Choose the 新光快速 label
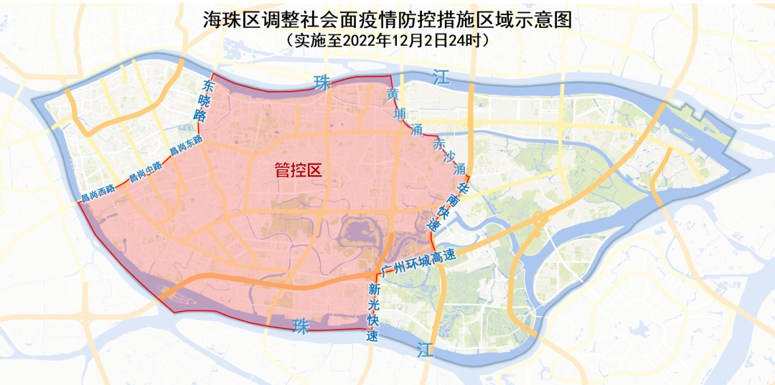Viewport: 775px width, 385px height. coord(373,313)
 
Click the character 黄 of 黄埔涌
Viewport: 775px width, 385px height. coord(392,95)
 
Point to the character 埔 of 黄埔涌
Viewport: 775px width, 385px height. coord(400,113)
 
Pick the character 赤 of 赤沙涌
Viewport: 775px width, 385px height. coord(438,143)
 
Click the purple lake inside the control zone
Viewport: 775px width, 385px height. coord(359,232)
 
